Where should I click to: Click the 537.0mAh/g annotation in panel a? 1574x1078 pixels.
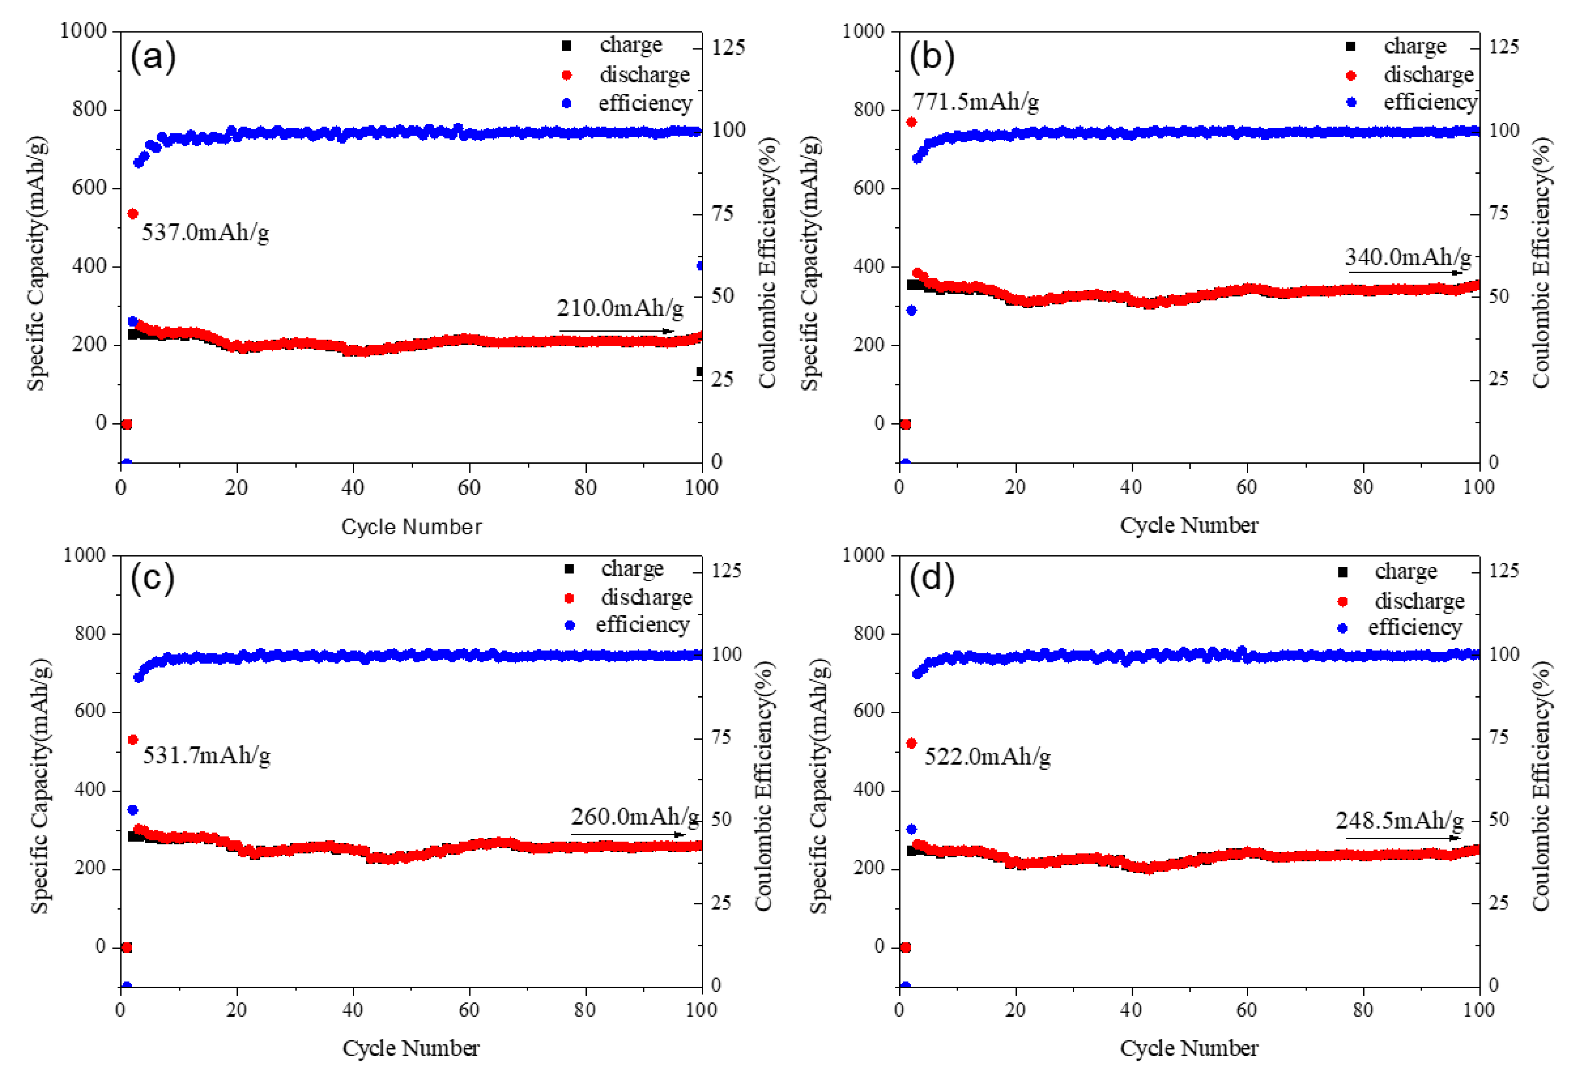[x=205, y=232]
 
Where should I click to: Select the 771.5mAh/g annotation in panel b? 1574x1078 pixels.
[x=975, y=102]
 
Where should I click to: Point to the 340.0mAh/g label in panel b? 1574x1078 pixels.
[x=1407, y=258]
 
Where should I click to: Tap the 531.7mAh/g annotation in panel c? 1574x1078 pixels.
[x=206, y=755]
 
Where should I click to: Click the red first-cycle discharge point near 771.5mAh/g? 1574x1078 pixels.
[x=911, y=122]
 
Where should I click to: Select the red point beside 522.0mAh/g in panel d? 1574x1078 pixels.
[x=911, y=743]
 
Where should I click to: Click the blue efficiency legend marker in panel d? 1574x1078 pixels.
[x=1342, y=628]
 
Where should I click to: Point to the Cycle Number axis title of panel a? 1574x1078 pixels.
[x=411, y=527]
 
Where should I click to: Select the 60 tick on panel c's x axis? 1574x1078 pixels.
[x=469, y=1010]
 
